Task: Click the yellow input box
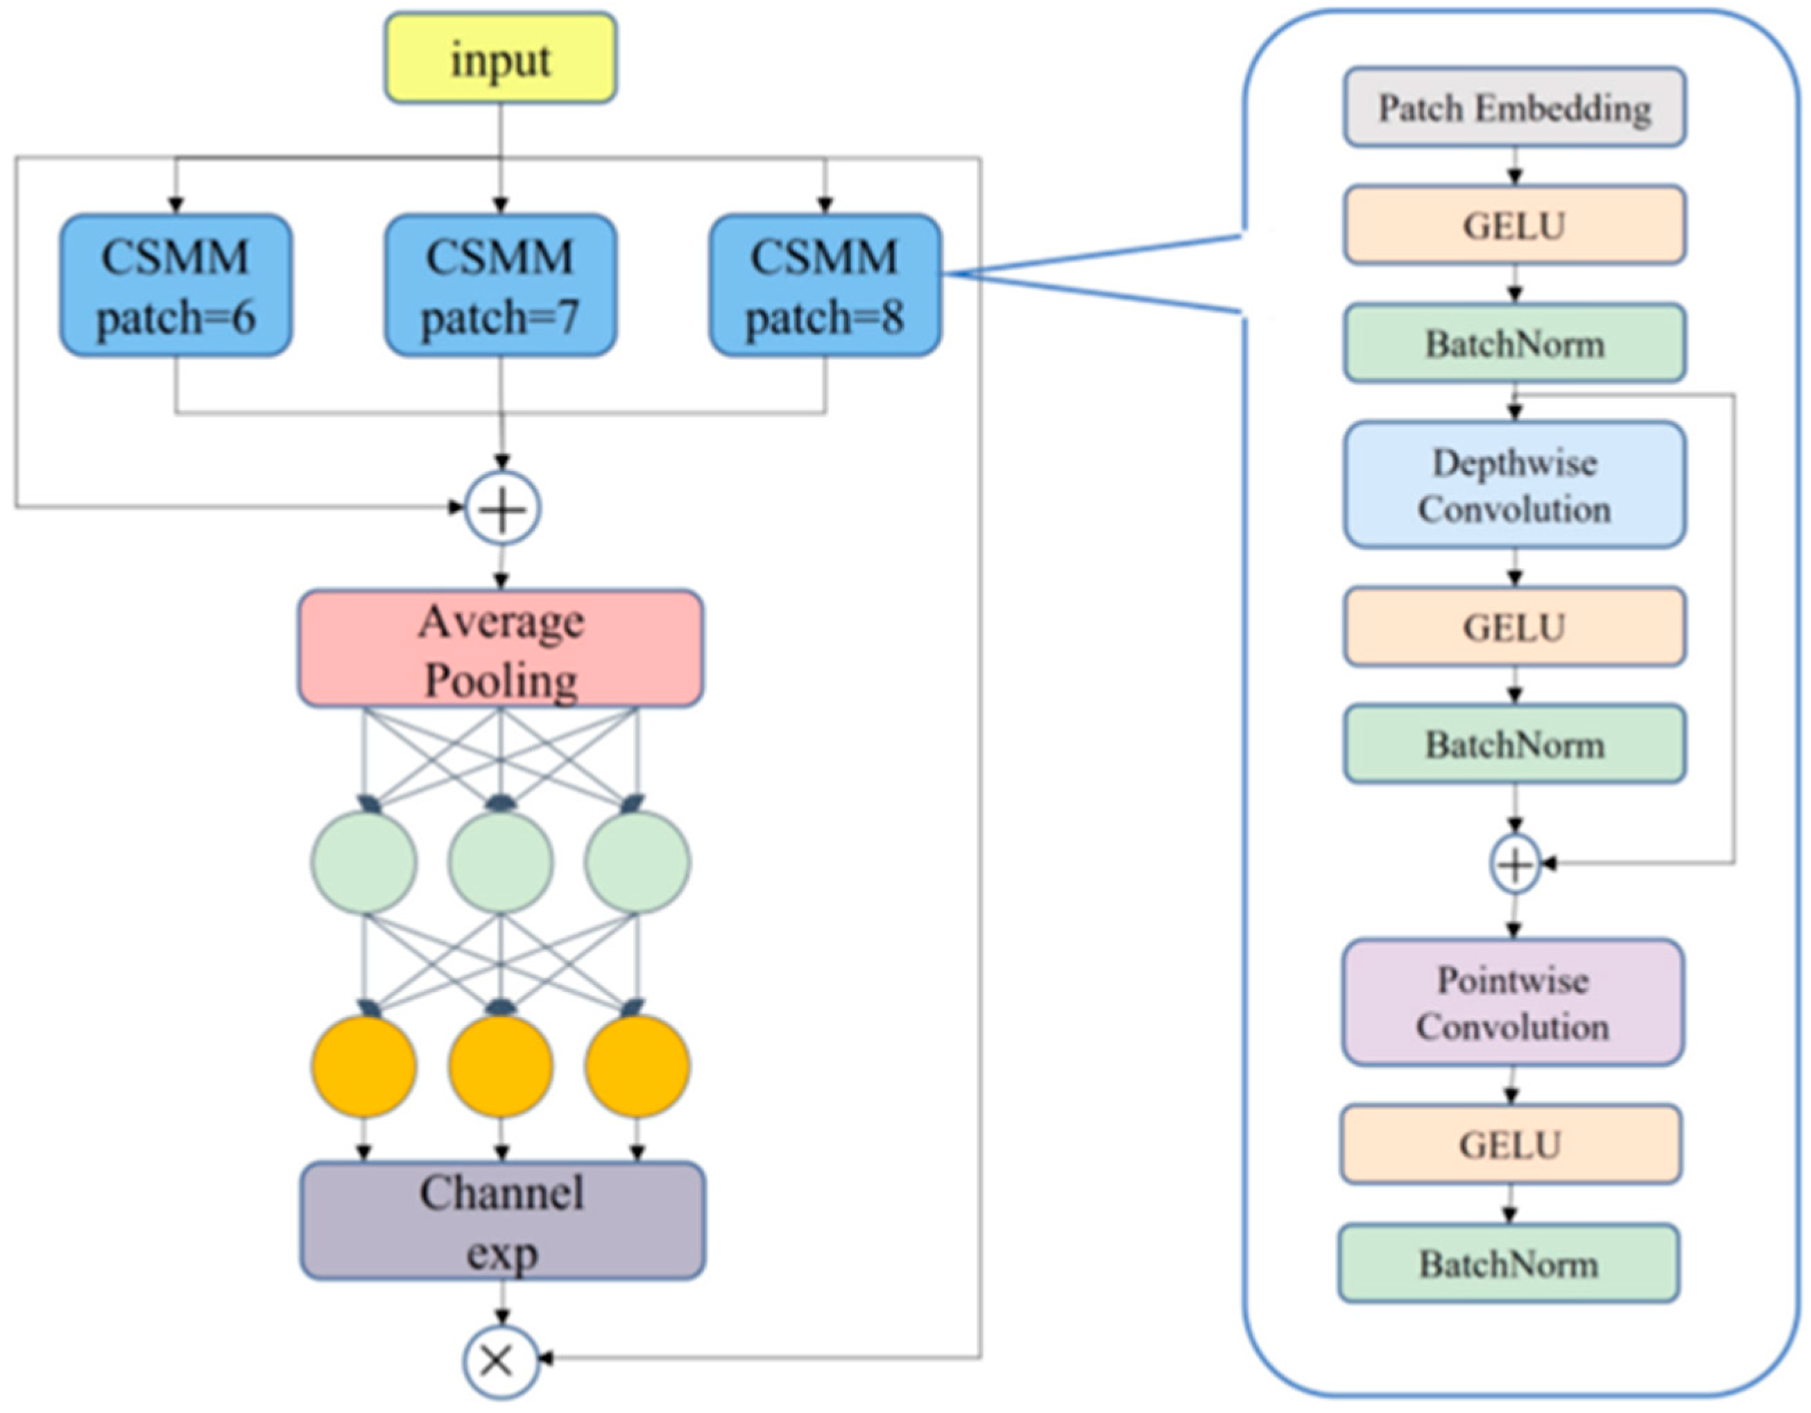[500, 58]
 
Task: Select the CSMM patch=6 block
[175, 286]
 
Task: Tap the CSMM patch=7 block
[500, 286]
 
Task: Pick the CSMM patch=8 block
[825, 286]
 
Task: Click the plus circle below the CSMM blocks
[502, 508]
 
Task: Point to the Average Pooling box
[501, 649]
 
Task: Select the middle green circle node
[501, 862]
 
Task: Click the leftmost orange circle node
[364, 1065]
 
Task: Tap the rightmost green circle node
[637, 862]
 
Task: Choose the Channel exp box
[502, 1221]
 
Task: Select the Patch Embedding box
[1514, 108]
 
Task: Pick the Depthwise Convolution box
[1514, 485]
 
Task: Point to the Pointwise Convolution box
[1513, 1002]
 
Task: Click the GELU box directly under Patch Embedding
[1514, 225]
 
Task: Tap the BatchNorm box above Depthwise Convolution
[1514, 343]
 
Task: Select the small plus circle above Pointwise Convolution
[1515, 865]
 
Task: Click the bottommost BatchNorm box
[1509, 1263]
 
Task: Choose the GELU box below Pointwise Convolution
[1510, 1145]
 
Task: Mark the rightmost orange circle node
[637, 1065]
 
